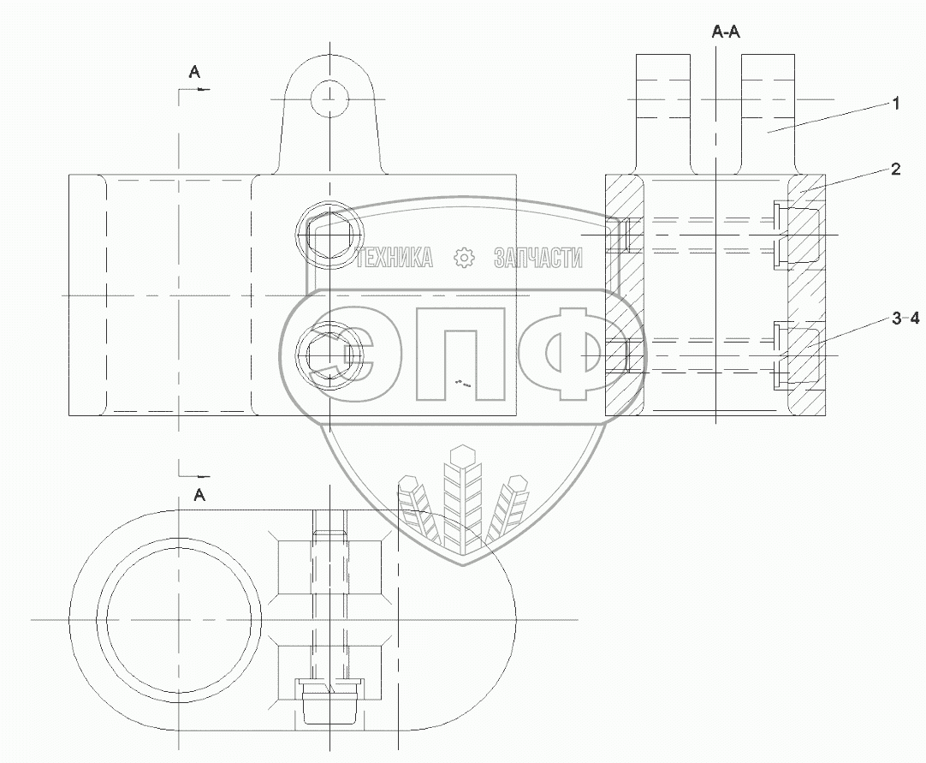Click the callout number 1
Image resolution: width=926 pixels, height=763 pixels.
click(x=895, y=104)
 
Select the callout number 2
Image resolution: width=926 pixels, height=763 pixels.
click(x=895, y=169)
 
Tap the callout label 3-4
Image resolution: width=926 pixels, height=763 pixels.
click(x=905, y=319)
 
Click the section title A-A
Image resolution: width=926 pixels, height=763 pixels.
click(x=727, y=32)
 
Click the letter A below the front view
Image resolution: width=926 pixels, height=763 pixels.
click(x=199, y=494)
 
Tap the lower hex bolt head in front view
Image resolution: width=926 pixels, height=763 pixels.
click(x=328, y=355)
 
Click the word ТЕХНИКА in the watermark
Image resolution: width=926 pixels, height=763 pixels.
click(x=395, y=258)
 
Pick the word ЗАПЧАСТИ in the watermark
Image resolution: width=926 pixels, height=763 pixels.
click(x=538, y=258)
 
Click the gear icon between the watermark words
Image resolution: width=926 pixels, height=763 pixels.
click(x=464, y=258)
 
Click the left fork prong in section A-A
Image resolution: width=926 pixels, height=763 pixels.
click(x=662, y=111)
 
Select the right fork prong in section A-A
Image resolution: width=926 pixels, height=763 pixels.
click(x=768, y=111)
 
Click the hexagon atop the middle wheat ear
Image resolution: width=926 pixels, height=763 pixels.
click(x=462, y=455)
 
